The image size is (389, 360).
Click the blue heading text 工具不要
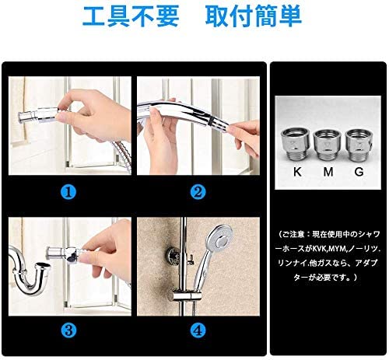(x=131, y=16)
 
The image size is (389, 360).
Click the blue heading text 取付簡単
(x=254, y=16)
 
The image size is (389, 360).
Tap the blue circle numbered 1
(x=68, y=192)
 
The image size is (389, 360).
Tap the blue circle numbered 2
(x=198, y=192)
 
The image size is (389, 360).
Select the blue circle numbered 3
(x=68, y=330)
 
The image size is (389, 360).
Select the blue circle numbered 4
(x=198, y=330)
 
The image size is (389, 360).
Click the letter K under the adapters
(x=297, y=172)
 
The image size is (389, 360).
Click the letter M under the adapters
(x=328, y=172)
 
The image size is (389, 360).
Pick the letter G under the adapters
(x=359, y=172)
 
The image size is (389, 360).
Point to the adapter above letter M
(x=327, y=145)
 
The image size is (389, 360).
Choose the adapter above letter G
(x=359, y=145)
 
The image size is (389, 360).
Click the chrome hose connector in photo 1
(x=39, y=115)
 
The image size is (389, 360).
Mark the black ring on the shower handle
(x=212, y=120)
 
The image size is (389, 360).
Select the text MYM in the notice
(x=338, y=250)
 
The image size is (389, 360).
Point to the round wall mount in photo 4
(x=172, y=256)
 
